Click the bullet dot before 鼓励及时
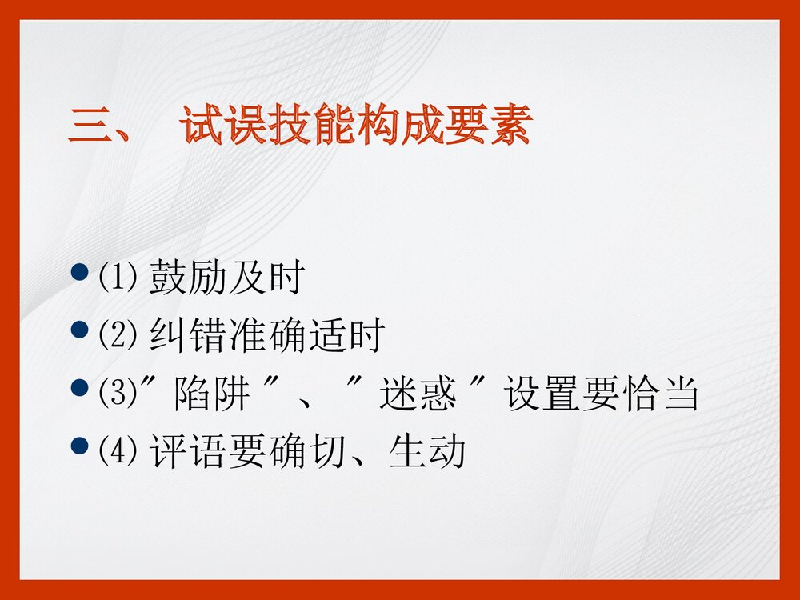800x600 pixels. pos(78,273)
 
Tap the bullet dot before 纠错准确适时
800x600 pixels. pos(78,330)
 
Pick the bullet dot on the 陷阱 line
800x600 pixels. pos(78,390)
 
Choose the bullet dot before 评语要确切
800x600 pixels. pos(78,446)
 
